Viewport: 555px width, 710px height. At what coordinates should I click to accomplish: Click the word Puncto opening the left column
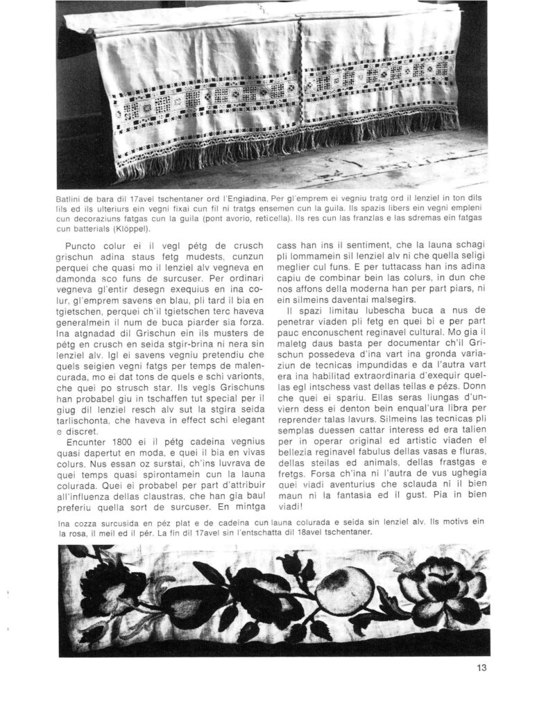coord(82,245)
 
